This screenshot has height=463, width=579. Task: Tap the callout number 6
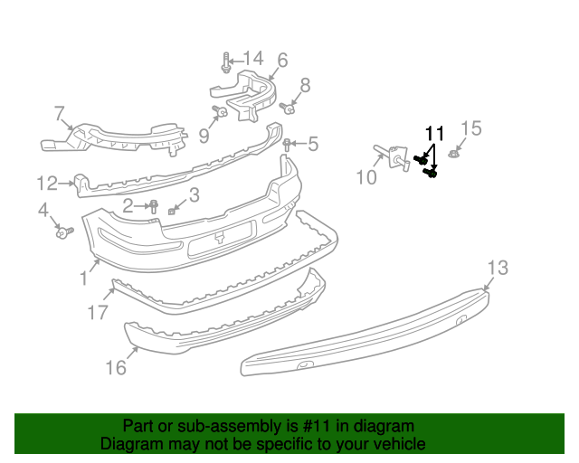282,61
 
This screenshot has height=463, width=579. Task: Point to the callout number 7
61,114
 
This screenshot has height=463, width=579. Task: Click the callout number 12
47,184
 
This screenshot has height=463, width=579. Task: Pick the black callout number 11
435,134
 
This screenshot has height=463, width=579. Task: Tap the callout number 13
498,268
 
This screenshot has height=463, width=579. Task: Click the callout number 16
116,368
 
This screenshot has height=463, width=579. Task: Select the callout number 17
99,313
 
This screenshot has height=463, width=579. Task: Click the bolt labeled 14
224,65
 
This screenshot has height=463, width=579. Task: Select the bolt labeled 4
63,232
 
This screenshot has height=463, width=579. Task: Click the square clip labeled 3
173,211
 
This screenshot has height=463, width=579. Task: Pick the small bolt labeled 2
154,207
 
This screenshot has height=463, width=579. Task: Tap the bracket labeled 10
394,156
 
